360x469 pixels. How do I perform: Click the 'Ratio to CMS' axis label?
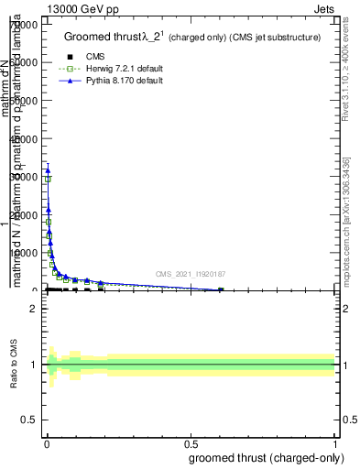(x=15, y=365)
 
